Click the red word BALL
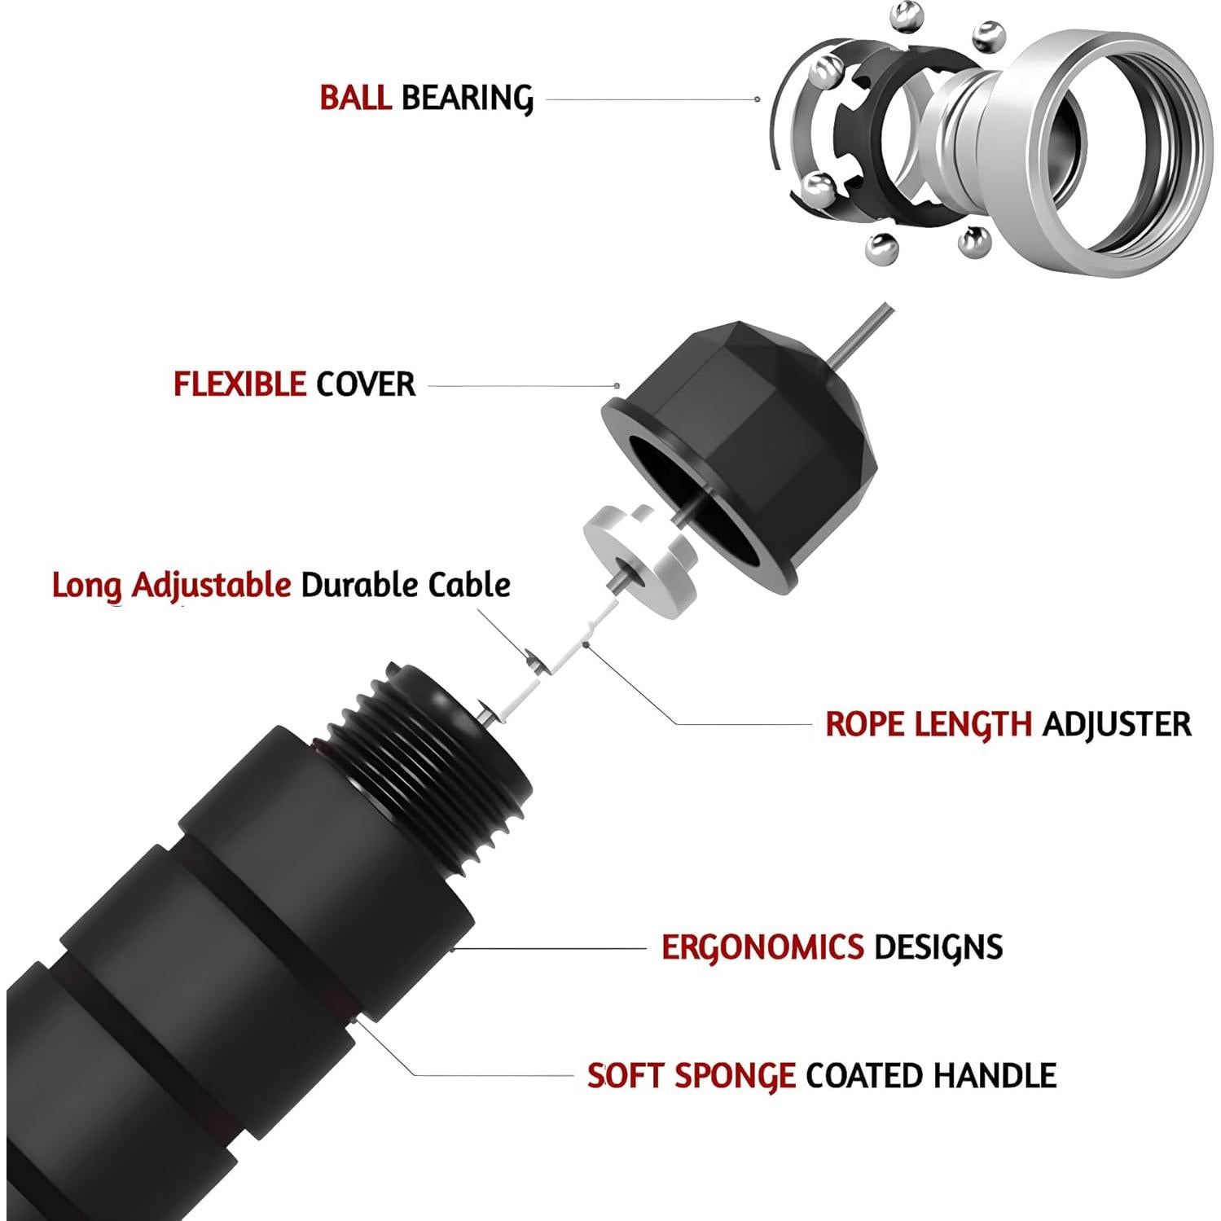click(355, 97)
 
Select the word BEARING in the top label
click(468, 98)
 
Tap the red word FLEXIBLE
click(239, 384)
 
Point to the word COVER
click(366, 384)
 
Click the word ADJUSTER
click(1117, 723)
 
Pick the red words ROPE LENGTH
click(929, 723)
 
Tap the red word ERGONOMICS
click(762, 947)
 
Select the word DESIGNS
click(938, 947)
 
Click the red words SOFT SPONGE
click(692, 1076)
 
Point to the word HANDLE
click(995, 1075)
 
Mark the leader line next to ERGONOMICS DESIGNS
click(550, 948)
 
